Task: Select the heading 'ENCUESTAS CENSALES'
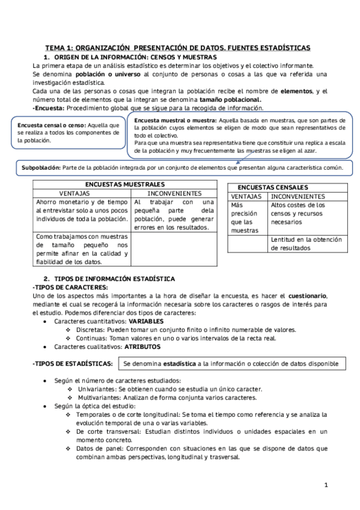[273, 187]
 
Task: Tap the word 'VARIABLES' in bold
[146, 321]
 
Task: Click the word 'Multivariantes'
[100, 398]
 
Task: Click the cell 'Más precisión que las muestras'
[245, 218]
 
